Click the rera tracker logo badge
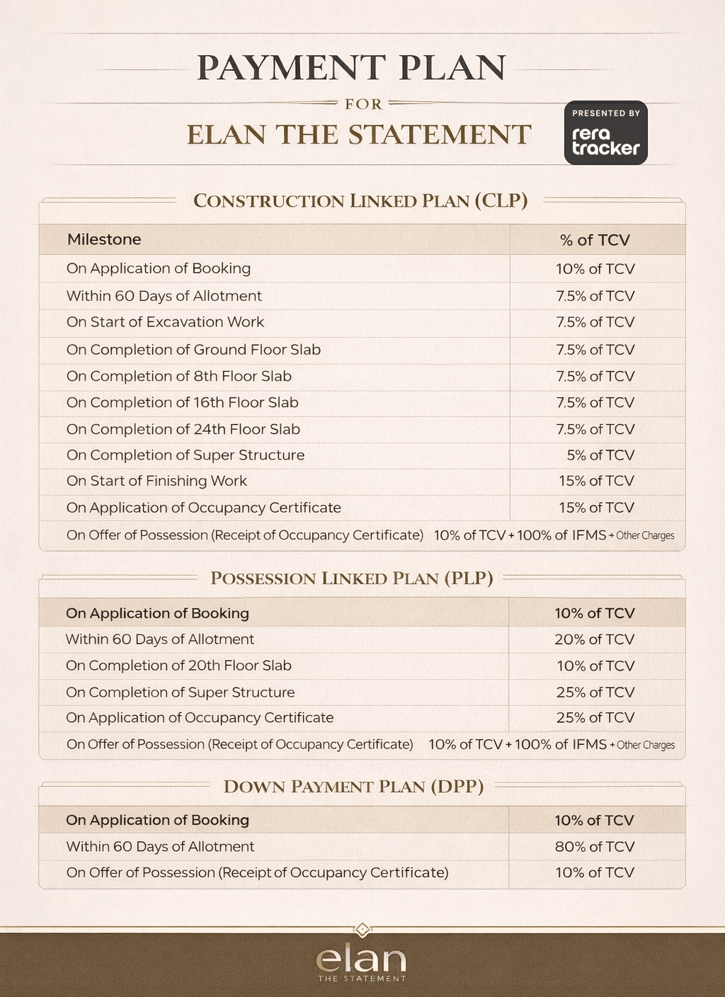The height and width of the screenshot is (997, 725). click(605, 133)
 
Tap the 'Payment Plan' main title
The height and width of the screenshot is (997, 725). click(351, 68)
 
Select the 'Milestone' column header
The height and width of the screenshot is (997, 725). click(104, 239)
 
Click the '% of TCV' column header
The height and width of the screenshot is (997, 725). click(595, 240)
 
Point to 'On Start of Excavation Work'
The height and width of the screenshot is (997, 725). click(165, 322)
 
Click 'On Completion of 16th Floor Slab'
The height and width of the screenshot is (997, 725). click(182, 402)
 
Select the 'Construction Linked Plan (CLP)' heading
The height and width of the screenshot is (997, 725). click(360, 201)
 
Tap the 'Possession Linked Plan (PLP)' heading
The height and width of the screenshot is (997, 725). click(351, 579)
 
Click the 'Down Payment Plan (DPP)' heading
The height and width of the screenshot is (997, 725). click(353, 787)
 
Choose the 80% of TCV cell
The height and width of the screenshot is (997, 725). click(595, 847)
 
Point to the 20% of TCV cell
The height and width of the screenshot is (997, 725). click(595, 639)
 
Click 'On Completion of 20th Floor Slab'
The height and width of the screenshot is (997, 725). click(178, 666)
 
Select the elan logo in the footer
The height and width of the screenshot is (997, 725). click(361, 962)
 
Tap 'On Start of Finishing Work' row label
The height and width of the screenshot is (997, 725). click(156, 482)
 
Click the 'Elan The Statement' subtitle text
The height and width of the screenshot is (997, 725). click(358, 135)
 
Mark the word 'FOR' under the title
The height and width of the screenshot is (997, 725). click(363, 104)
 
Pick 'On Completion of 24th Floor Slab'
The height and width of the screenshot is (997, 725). click(183, 429)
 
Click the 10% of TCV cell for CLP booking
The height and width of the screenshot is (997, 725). click(595, 269)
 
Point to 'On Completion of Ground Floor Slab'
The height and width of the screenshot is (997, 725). click(193, 350)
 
